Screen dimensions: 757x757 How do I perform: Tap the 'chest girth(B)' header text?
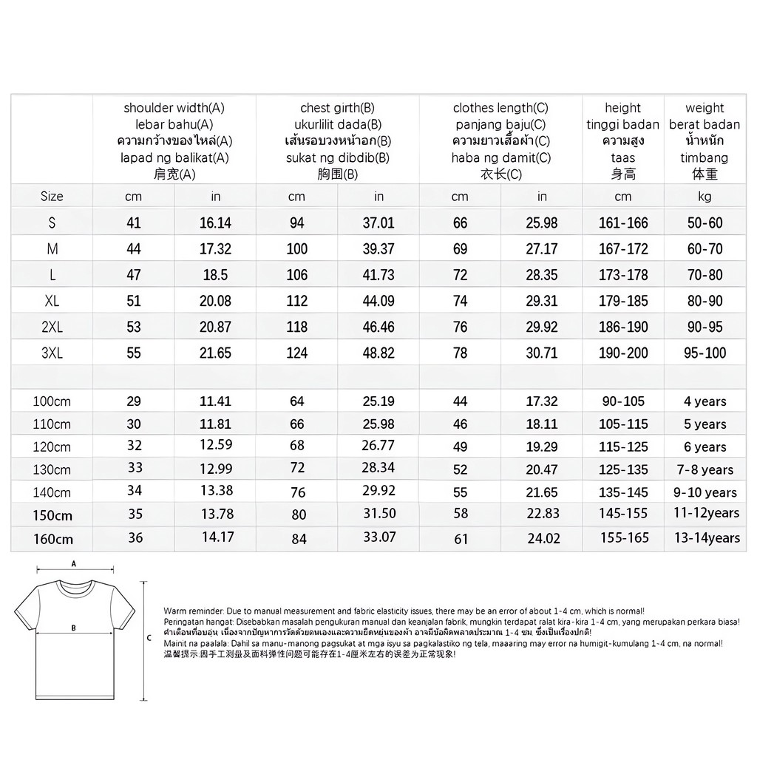click(x=337, y=108)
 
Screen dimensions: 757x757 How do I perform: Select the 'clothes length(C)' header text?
click(x=500, y=108)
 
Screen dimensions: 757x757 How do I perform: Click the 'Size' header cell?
click(x=52, y=196)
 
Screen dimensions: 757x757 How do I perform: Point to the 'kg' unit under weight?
click(x=705, y=196)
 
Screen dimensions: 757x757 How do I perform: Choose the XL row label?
click(x=52, y=301)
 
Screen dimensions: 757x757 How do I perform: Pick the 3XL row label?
click(x=52, y=353)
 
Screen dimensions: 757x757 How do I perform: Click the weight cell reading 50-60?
click(x=705, y=223)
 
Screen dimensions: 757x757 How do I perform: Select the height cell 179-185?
click(x=623, y=301)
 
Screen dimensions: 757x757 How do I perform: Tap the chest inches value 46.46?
click(x=378, y=327)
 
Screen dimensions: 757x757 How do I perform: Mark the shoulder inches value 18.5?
click(x=215, y=275)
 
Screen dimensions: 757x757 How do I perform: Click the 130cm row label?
click(x=52, y=469)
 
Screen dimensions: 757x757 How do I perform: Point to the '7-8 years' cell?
click(x=705, y=469)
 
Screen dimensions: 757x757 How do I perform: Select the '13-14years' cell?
click(x=706, y=538)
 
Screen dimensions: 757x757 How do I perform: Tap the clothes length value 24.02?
click(x=544, y=539)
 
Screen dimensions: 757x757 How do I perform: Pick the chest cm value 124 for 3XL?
click(x=296, y=353)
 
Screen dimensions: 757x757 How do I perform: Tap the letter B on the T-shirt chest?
click(x=73, y=628)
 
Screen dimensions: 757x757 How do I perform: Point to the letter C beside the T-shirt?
click(x=149, y=637)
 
